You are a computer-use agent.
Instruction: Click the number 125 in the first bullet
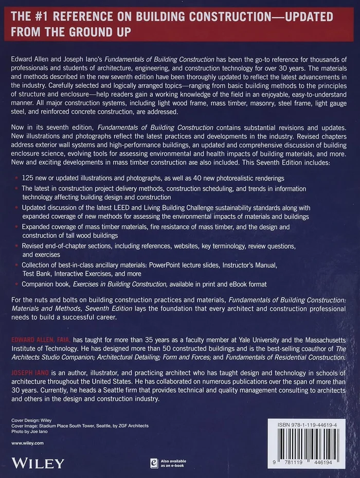click(29, 178)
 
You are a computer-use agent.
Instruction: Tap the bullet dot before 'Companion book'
click(16, 284)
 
